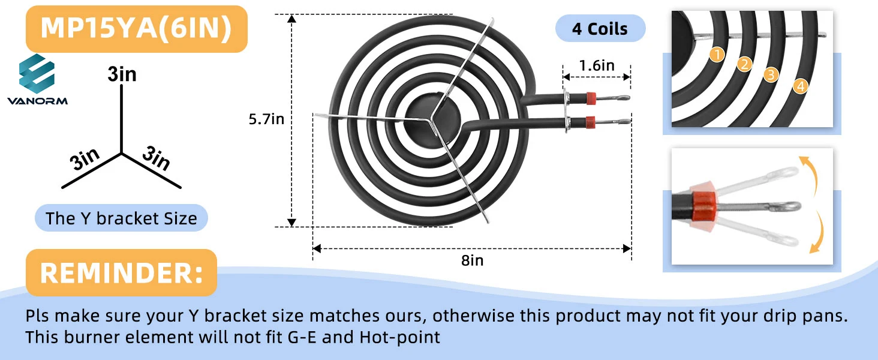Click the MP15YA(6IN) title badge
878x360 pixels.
(x=136, y=29)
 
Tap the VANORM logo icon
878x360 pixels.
(x=37, y=74)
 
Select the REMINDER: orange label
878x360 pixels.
(x=121, y=273)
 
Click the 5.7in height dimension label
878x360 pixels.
(x=266, y=119)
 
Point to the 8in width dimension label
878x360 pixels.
(x=472, y=260)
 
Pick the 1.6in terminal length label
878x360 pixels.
(x=596, y=65)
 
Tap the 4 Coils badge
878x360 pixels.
(x=600, y=29)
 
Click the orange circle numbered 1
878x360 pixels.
(x=717, y=55)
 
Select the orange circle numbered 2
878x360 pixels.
(x=744, y=65)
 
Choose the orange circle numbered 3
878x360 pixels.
(x=771, y=74)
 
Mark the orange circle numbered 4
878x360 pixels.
(x=799, y=86)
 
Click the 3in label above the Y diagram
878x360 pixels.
(x=122, y=74)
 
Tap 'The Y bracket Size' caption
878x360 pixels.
(x=121, y=218)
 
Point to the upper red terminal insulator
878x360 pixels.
(x=591, y=97)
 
